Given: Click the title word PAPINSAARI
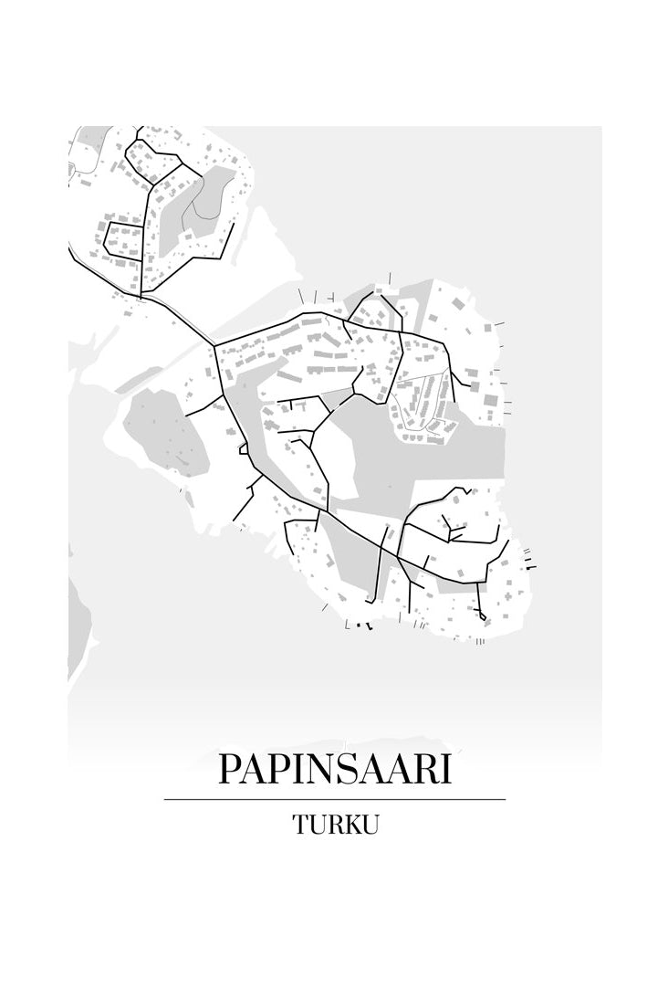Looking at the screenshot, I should coord(334,770).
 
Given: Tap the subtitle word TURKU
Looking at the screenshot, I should coord(334,825).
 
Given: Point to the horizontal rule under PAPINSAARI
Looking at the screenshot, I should coord(334,800).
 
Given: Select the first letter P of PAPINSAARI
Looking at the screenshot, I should coord(230,770).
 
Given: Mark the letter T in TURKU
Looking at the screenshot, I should coord(299,825).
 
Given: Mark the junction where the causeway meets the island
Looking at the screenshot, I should coord(214,345).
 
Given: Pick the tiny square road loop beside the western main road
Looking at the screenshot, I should coord(243,448).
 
